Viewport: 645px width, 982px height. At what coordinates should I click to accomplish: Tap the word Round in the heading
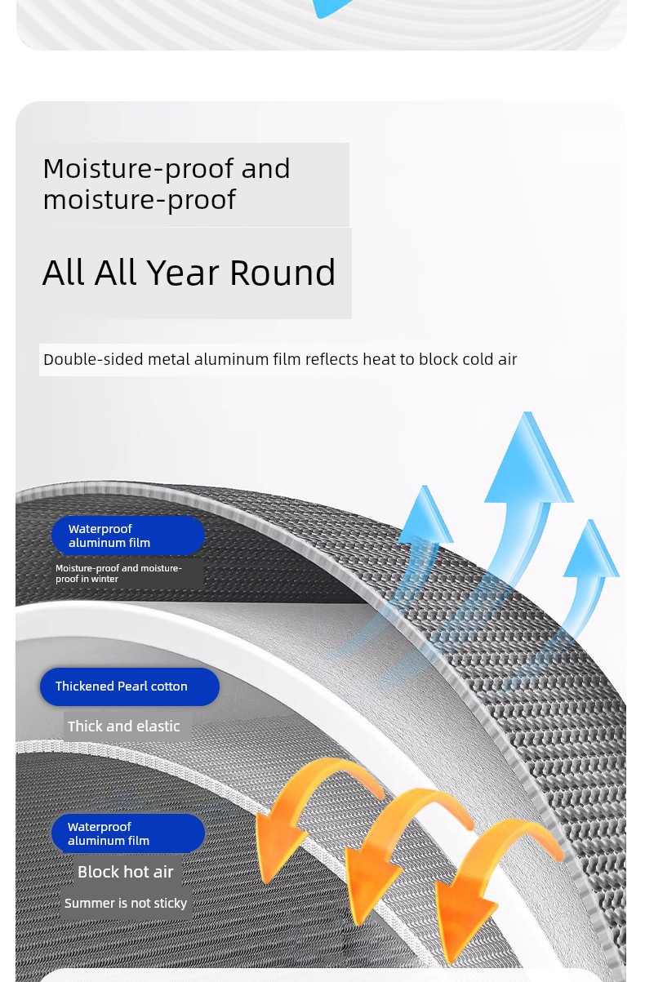(x=282, y=273)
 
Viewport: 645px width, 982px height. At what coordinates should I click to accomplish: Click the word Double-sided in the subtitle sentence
(x=93, y=359)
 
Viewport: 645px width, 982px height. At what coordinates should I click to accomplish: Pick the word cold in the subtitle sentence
(x=474, y=359)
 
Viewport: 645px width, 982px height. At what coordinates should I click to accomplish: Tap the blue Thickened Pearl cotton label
(x=130, y=687)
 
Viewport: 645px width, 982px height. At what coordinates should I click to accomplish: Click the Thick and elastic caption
(x=123, y=727)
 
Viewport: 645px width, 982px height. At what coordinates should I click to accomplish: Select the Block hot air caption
(x=126, y=872)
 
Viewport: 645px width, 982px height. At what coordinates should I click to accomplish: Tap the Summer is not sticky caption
(x=126, y=903)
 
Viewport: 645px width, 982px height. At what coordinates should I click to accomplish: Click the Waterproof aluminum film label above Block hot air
(x=128, y=833)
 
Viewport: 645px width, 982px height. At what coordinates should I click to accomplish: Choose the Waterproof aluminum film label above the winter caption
(x=128, y=535)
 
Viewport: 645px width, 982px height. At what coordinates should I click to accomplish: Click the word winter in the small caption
(x=105, y=579)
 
